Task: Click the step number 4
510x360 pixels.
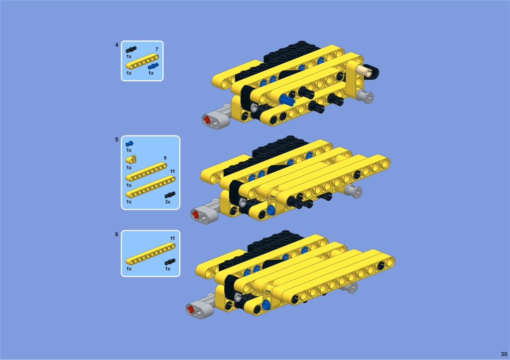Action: click(x=117, y=45)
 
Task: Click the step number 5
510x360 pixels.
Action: click(x=117, y=139)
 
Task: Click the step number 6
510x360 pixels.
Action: click(x=117, y=234)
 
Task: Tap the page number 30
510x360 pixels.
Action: click(x=504, y=354)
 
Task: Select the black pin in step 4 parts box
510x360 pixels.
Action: click(x=131, y=49)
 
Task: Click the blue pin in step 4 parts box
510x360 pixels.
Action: click(x=153, y=66)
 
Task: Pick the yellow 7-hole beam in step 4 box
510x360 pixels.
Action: click(x=142, y=61)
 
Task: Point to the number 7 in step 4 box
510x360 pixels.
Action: click(x=157, y=49)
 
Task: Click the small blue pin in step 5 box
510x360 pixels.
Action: click(x=129, y=143)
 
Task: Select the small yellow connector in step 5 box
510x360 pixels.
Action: click(x=131, y=159)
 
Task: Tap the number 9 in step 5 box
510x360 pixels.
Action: click(x=165, y=158)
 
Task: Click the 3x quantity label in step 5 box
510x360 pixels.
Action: click(x=167, y=202)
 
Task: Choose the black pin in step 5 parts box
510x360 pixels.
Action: click(x=170, y=195)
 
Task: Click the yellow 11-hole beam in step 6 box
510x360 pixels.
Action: click(x=150, y=254)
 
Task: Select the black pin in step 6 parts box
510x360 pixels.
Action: click(x=170, y=262)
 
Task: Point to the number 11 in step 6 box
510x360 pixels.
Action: click(x=172, y=239)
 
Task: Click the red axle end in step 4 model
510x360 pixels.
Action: click(x=207, y=120)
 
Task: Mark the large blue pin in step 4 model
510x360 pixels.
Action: click(x=286, y=100)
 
